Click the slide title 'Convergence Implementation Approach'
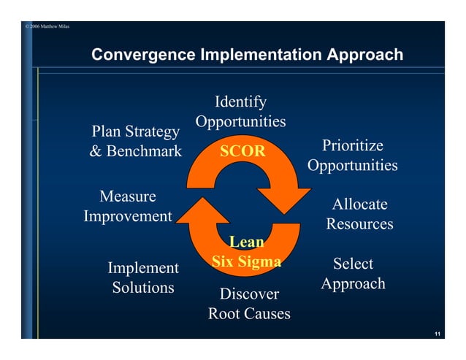point(247,55)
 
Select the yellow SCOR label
point(243,151)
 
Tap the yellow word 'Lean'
point(247,242)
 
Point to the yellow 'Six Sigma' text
point(246,261)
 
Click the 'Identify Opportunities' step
point(240,111)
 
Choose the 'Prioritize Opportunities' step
point(352,156)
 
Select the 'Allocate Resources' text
point(359,214)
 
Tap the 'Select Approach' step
point(353,273)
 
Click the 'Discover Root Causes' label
point(249,304)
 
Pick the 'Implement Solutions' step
point(143,277)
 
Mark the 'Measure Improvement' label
point(128,206)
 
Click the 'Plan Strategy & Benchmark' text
point(135,142)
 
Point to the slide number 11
point(436,334)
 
